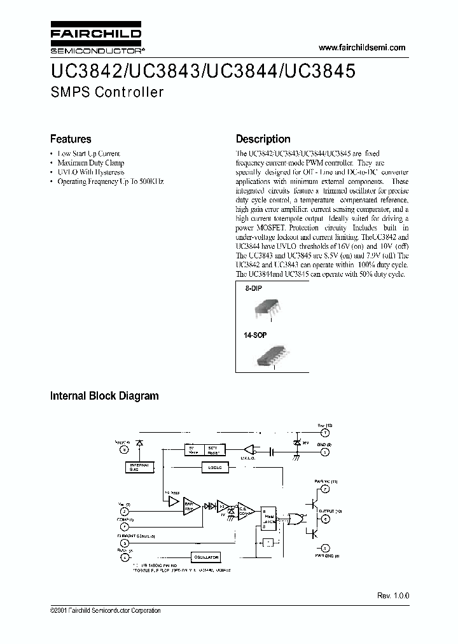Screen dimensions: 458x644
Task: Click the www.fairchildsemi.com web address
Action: click(361, 48)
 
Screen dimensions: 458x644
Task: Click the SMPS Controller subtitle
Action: click(106, 92)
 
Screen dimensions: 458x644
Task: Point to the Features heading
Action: click(71, 139)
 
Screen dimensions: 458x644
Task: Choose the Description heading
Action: click(263, 139)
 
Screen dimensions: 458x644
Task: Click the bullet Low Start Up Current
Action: click(88, 154)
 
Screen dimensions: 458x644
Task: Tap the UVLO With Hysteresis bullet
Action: click(91, 172)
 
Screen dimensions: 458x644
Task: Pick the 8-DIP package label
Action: click(254, 288)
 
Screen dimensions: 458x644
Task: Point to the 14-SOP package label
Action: click(256, 335)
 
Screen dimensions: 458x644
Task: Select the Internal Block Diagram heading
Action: click(104, 396)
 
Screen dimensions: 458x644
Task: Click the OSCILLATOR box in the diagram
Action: click(203, 557)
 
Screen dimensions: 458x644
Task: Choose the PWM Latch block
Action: click(269, 519)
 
